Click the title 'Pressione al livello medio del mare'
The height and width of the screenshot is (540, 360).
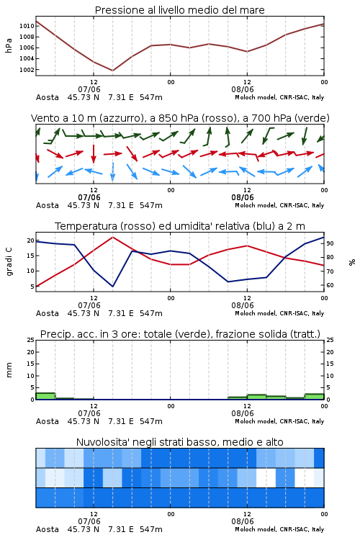(x=179, y=10)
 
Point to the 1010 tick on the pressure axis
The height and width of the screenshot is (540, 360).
(x=27, y=26)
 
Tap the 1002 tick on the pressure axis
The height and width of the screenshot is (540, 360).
(x=27, y=70)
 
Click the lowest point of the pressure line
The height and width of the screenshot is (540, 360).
(x=112, y=71)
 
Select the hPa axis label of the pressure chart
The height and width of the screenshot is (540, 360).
(x=9, y=45)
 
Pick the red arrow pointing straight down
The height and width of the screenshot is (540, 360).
(x=94, y=153)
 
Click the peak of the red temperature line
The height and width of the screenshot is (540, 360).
(x=112, y=237)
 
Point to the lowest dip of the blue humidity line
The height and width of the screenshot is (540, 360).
(x=112, y=286)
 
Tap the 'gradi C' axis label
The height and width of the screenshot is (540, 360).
(x=9, y=261)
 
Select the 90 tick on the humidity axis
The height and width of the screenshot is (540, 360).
(x=330, y=243)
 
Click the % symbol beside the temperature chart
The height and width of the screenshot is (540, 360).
(x=352, y=262)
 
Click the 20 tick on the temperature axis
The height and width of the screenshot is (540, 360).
(x=31, y=240)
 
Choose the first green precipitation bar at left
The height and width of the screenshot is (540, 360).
(x=45, y=396)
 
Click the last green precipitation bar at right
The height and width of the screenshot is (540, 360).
(x=314, y=397)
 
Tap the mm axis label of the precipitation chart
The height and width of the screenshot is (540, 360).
(x=9, y=370)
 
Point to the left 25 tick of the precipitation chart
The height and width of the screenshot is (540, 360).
(x=31, y=340)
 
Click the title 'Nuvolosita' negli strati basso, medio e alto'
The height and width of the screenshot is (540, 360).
(x=179, y=442)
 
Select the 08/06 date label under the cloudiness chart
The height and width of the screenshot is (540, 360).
(x=243, y=521)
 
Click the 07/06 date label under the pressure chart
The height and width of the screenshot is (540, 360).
(x=89, y=89)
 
